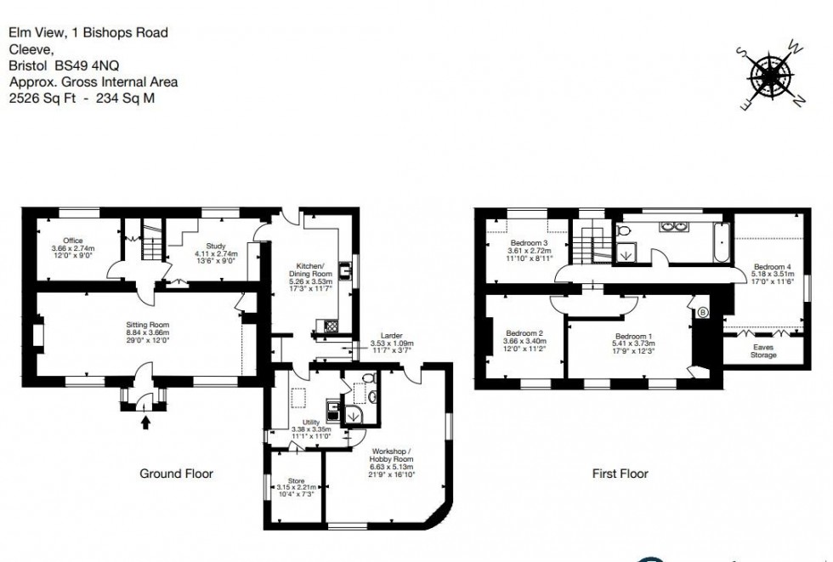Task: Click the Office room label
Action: point(72,241)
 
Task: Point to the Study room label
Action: point(216,247)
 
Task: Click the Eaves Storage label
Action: point(763,350)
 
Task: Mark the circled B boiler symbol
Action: point(702,312)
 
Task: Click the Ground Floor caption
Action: point(176,474)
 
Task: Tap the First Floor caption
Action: point(620,474)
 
